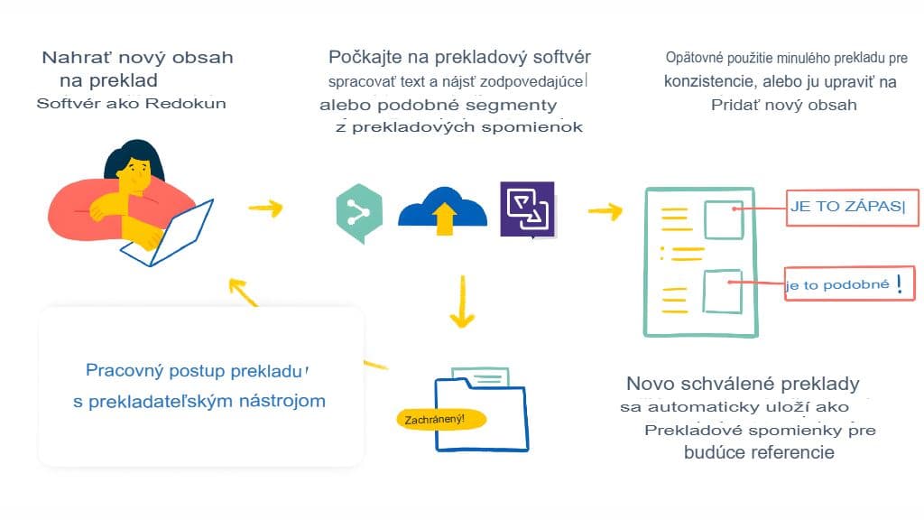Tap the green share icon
click(x=358, y=213)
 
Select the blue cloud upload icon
click(x=442, y=213)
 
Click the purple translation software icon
click(x=527, y=209)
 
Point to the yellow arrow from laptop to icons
click(x=265, y=208)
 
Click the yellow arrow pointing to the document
click(x=605, y=211)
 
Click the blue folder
click(x=483, y=411)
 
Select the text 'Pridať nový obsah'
click(x=783, y=104)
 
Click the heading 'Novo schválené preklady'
click(x=742, y=383)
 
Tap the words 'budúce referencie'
click(x=759, y=452)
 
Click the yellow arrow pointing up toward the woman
click(x=242, y=292)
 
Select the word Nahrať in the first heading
click(x=73, y=58)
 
